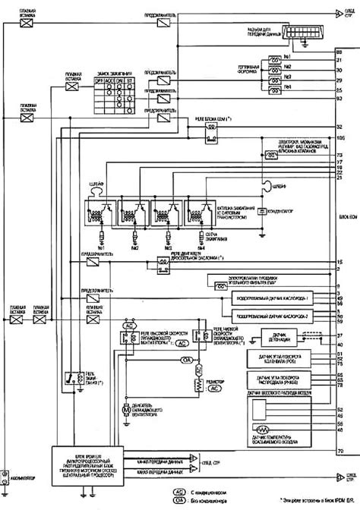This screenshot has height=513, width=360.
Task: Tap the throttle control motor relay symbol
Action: coord(161,263)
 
